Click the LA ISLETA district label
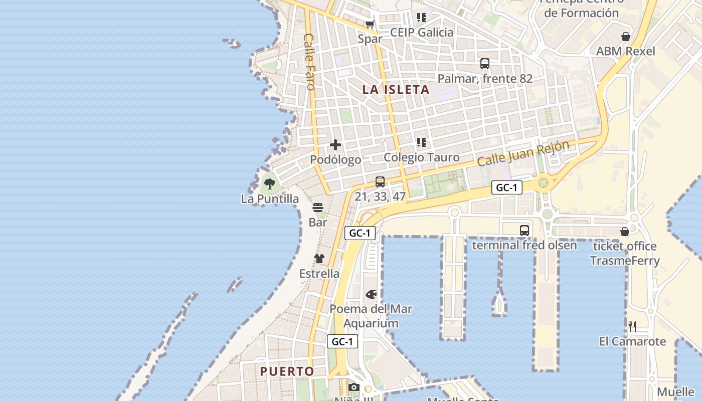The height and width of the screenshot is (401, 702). [x=396, y=90]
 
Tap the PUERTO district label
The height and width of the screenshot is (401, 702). [x=287, y=371]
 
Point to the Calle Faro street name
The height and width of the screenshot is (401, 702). [x=309, y=62]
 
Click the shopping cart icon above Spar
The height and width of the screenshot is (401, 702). [x=370, y=24]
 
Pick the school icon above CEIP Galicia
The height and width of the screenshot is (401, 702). [x=422, y=18]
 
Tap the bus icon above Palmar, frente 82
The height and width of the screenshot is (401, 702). [x=485, y=64]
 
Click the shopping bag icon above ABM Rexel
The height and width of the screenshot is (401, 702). [x=625, y=37]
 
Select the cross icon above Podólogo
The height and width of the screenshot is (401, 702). [x=335, y=145]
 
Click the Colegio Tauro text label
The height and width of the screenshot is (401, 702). [x=421, y=157]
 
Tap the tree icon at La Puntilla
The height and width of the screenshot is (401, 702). [x=270, y=183]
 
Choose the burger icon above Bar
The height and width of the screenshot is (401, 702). [x=318, y=208]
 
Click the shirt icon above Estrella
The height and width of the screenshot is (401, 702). [x=319, y=259]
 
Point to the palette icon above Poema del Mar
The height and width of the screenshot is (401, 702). [x=371, y=294]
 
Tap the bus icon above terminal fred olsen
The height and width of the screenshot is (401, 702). [x=524, y=231]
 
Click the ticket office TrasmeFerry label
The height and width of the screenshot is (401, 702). [x=624, y=253]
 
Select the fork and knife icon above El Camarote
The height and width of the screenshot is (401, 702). [x=632, y=327]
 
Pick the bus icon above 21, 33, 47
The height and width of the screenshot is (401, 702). [x=380, y=182]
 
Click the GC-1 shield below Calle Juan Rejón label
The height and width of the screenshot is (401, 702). [x=506, y=187]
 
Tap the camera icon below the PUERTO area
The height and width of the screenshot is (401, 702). [x=354, y=387]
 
